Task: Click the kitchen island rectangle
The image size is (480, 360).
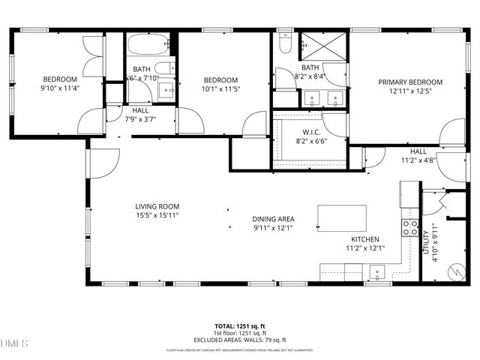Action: [342, 218]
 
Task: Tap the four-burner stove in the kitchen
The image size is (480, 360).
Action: [410, 227]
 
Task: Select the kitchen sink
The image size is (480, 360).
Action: [378, 271]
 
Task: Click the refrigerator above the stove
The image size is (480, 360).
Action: [409, 197]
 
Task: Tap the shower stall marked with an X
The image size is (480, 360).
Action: [323, 46]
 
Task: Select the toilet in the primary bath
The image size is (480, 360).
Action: [285, 43]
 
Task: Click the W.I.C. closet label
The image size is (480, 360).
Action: [311, 131]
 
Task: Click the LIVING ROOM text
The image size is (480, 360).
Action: [157, 206]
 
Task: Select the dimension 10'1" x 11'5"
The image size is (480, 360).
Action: [221, 89]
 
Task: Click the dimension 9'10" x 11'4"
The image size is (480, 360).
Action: [60, 88]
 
